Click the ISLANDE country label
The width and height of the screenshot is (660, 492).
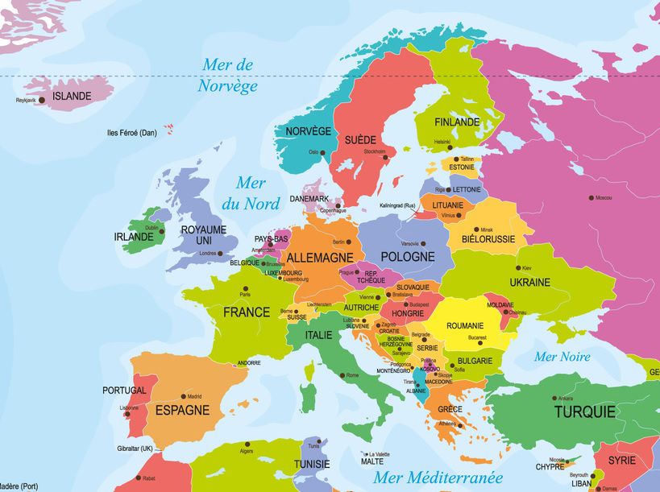click(x=72, y=96)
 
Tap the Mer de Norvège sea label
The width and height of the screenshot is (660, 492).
click(x=228, y=75)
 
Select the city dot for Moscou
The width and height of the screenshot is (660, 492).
click(x=591, y=197)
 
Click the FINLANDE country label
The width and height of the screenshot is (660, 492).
click(x=457, y=122)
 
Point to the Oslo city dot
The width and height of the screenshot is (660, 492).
click(x=323, y=152)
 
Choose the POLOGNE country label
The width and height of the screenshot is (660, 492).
click(x=407, y=257)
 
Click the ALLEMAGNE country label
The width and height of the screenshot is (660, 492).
click(x=320, y=257)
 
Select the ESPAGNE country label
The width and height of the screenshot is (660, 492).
click(x=182, y=410)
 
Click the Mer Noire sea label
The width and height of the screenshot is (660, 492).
click(x=562, y=357)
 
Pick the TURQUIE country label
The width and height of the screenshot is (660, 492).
click(x=584, y=411)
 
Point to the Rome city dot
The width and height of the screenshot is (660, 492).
click(x=342, y=375)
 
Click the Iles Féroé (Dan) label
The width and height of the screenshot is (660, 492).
click(x=131, y=133)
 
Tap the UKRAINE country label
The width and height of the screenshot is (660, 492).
click(x=529, y=282)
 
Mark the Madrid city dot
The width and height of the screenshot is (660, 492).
click(x=183, y=396)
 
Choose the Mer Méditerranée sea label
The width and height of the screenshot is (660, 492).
click(x=438, y=478)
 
